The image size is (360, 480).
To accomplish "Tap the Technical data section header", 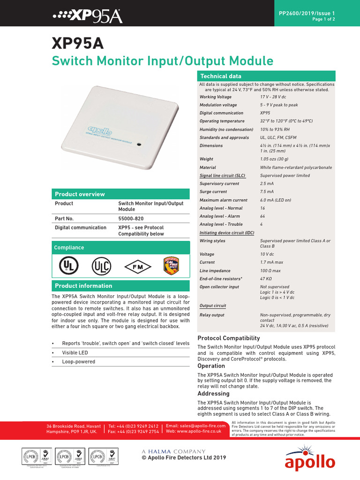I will (x=221, y=76).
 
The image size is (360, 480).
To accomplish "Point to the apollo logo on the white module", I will (x=97, y=128).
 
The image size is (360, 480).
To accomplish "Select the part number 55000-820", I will (x=131, y=218).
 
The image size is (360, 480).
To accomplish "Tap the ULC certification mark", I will (x=101, y=266).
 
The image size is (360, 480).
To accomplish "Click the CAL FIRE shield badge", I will (x=171, y=265).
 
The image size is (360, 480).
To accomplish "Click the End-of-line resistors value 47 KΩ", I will (x=267, y=279).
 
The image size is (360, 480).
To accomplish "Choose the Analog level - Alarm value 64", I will (x=262, y=216).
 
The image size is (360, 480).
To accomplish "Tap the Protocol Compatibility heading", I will (x=228, y=338).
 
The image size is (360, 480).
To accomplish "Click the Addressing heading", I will (x=213, y=393).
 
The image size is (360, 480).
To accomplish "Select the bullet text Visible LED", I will (x=75, y=352).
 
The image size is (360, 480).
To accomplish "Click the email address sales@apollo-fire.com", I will (x=195, y=426).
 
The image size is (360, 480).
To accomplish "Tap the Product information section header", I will (x=83, y=285).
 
